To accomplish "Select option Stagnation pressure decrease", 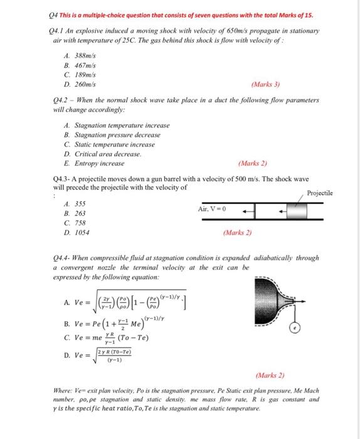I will click(120, 135).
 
